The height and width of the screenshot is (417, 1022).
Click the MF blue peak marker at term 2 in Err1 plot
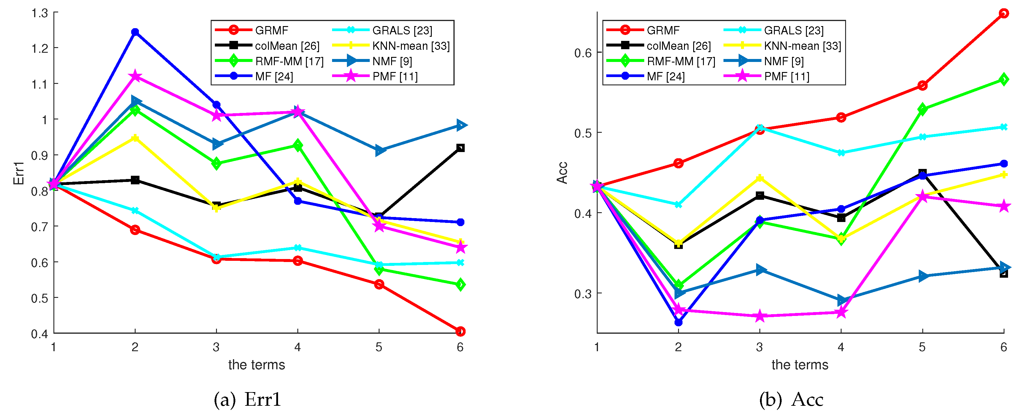click(x=135, y=32)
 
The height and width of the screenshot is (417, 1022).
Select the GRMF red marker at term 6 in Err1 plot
click(x=460, y=331)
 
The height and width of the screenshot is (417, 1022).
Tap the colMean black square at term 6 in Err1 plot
click(x=460, y=148)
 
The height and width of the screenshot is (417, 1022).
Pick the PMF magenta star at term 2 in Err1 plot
click(x=135, y=76)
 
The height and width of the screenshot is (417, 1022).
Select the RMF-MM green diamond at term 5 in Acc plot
click(x=922, y=109)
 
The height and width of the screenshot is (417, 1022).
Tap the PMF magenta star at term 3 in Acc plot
click(x=759, y=316)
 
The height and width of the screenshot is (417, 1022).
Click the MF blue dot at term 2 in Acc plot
click(x=678, y=322)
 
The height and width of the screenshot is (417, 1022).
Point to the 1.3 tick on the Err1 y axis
click(x=40, y=13)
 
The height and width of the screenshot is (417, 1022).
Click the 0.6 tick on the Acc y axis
click(x=583, y=53)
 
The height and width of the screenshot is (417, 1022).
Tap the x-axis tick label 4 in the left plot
click(x=298, y=347)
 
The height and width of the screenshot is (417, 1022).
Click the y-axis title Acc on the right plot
click(x=562, y=173)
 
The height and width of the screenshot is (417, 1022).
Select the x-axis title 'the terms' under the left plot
click(x=256, y=365)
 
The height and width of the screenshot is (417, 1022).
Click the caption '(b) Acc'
click(x=791, y=400)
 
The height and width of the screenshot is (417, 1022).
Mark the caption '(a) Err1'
click(x=247, y=400)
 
